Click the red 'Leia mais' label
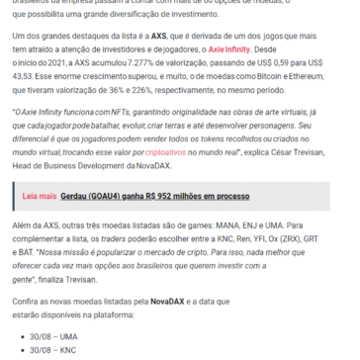click(x=40, y=225)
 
